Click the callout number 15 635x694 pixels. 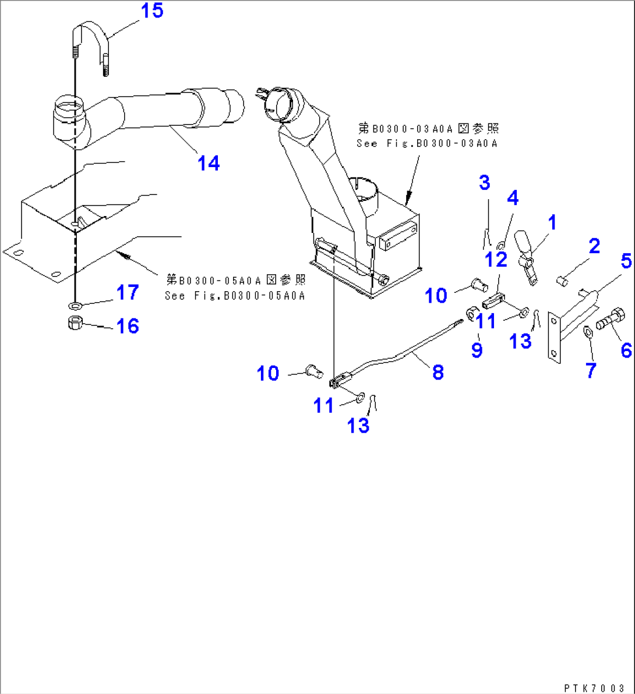[152, 10]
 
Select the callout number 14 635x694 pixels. [209, 163]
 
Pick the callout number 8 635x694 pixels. [438, 372]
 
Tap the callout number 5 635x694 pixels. [626, 261]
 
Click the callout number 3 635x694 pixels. [485, 182]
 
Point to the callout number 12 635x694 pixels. [496, 260]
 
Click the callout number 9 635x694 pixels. [477, 350]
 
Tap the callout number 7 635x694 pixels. [591, 370]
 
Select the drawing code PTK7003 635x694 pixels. [594, 688]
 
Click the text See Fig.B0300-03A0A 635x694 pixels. [427, 143]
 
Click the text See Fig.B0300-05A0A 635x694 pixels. [235, 296]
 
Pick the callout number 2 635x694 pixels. [594, 246]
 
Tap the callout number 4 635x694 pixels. [512, 198]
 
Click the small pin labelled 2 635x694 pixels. [562, 281]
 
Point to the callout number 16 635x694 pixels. [128, 326]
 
